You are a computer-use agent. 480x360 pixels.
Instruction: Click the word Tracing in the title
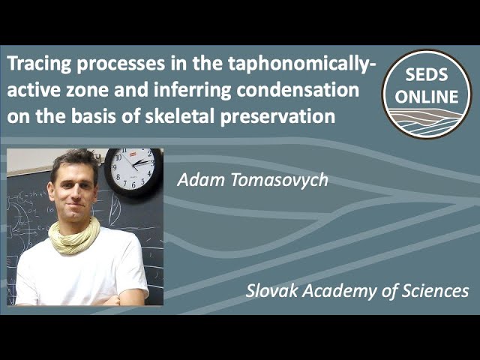(x=37, y=65)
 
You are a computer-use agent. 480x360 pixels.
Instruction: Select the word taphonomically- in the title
(x=301, y=65)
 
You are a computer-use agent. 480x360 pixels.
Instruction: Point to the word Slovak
(x=271, y=290)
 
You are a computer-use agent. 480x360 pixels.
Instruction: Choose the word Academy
(x=336, y=290)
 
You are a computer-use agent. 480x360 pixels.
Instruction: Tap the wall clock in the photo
(x=133, y=170)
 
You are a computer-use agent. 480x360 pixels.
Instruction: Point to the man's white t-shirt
(x=82, y=274)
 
